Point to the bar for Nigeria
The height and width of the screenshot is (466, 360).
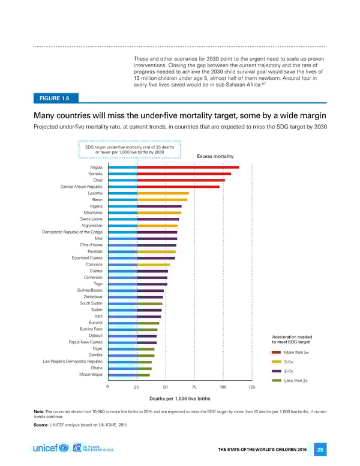coord(159,206)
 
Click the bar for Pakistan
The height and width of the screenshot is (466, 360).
coord(156,252)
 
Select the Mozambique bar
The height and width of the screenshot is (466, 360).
coord(143,375)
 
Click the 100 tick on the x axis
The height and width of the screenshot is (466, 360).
coord(223,387)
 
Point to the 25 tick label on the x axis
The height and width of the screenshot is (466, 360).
coord(137,387)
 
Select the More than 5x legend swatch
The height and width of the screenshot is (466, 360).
coord(277,353)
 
